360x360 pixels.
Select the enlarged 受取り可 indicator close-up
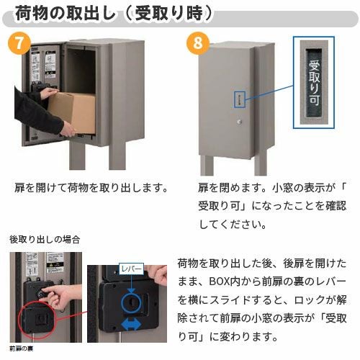pyautogui.click(x=314, y=85)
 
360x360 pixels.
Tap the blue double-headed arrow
pyautogui.click(x=130, y=324)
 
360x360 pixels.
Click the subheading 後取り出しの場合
pyautogui.click(x=45, y=238)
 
